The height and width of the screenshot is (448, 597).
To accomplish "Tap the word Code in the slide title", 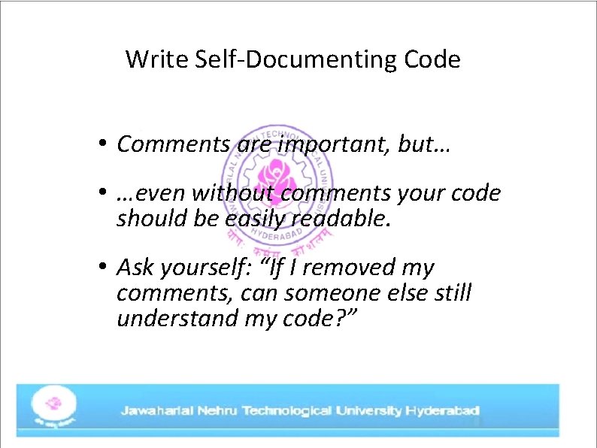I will coord(432,59).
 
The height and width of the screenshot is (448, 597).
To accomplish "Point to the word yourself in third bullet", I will coord(209,268).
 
